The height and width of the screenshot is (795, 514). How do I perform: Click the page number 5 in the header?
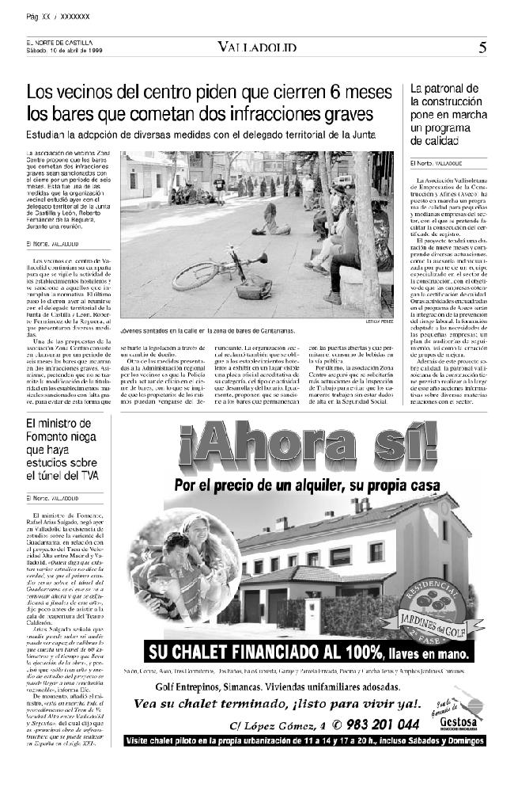click(x=482, y=47)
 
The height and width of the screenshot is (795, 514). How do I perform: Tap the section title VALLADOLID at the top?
click(x=257, y=48)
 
